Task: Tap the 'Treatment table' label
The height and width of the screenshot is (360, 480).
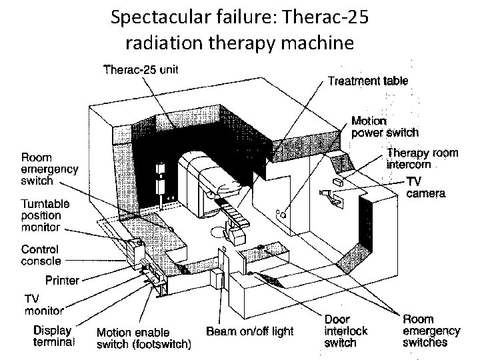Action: [x=368, y=81]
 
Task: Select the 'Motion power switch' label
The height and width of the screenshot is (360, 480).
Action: [x=385, y=127]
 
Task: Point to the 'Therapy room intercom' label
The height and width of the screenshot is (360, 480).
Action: [x=423, y=158]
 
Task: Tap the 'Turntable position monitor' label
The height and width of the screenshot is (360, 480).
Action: [x=51, y=215]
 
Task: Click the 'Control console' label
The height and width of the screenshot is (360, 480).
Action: [x=41, y=255]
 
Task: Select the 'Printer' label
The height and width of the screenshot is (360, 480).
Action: [x=62, y=281]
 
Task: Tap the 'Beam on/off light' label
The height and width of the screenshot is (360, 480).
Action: [x=250, y=331]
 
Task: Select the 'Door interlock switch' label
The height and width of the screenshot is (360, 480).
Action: [x=345, y=331]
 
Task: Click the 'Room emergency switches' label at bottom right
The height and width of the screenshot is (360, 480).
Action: [x=431, y=331]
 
